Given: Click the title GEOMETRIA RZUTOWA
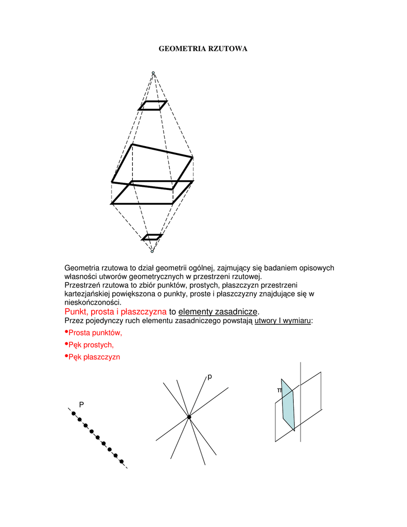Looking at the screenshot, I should click(x=203, y=49).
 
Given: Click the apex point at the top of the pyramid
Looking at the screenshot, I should click(x=153, y=73).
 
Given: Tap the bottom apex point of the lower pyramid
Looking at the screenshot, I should click(x=152, y=251).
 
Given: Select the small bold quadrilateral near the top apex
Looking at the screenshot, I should click(x=153, y=106).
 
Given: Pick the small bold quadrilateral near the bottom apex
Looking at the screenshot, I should click(x=152, y=237).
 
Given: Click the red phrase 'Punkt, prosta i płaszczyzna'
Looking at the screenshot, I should click(x=115, y=312).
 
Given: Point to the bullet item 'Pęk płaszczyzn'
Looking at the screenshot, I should click(x=94, y=357).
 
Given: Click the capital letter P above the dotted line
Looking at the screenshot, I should click(x=81, y=405).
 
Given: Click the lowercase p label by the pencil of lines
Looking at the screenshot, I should click(x=209, y=377).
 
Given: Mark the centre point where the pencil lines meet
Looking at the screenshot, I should click(x=189, y=417).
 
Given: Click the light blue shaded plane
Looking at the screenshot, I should click(x=288, y=407).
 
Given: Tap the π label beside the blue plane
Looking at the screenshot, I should click(x=279, y=391).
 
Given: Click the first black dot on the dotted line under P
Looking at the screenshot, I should click(x=74, y=414).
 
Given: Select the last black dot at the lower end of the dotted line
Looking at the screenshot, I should click(x=121, y=461).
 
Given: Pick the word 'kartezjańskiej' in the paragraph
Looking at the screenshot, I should click(x=89, y=294).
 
